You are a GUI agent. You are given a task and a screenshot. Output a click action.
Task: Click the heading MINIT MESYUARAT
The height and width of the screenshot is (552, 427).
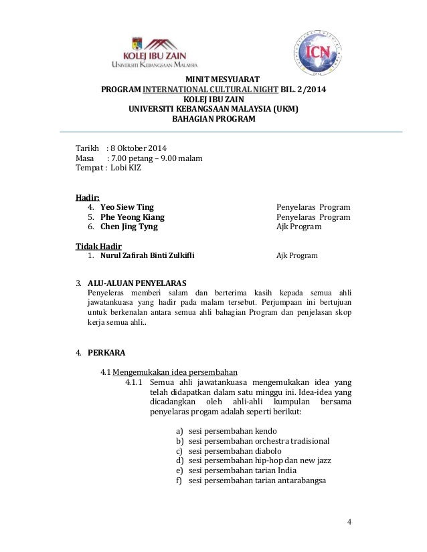point(213,80)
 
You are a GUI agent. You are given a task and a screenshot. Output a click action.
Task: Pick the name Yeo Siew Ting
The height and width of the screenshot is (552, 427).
point(127,206)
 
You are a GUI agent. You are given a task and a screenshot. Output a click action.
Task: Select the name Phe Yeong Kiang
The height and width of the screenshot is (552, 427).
point(132,217)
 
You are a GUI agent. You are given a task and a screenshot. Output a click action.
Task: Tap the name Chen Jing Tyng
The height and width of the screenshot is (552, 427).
point(129,227)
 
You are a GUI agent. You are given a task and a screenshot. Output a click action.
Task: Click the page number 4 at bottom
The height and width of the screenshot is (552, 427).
point(349,521)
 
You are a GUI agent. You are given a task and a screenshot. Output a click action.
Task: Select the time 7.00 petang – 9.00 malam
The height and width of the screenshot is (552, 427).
point(155,158)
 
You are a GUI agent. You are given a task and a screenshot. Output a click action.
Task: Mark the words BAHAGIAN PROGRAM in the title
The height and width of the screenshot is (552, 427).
point(213,120)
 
